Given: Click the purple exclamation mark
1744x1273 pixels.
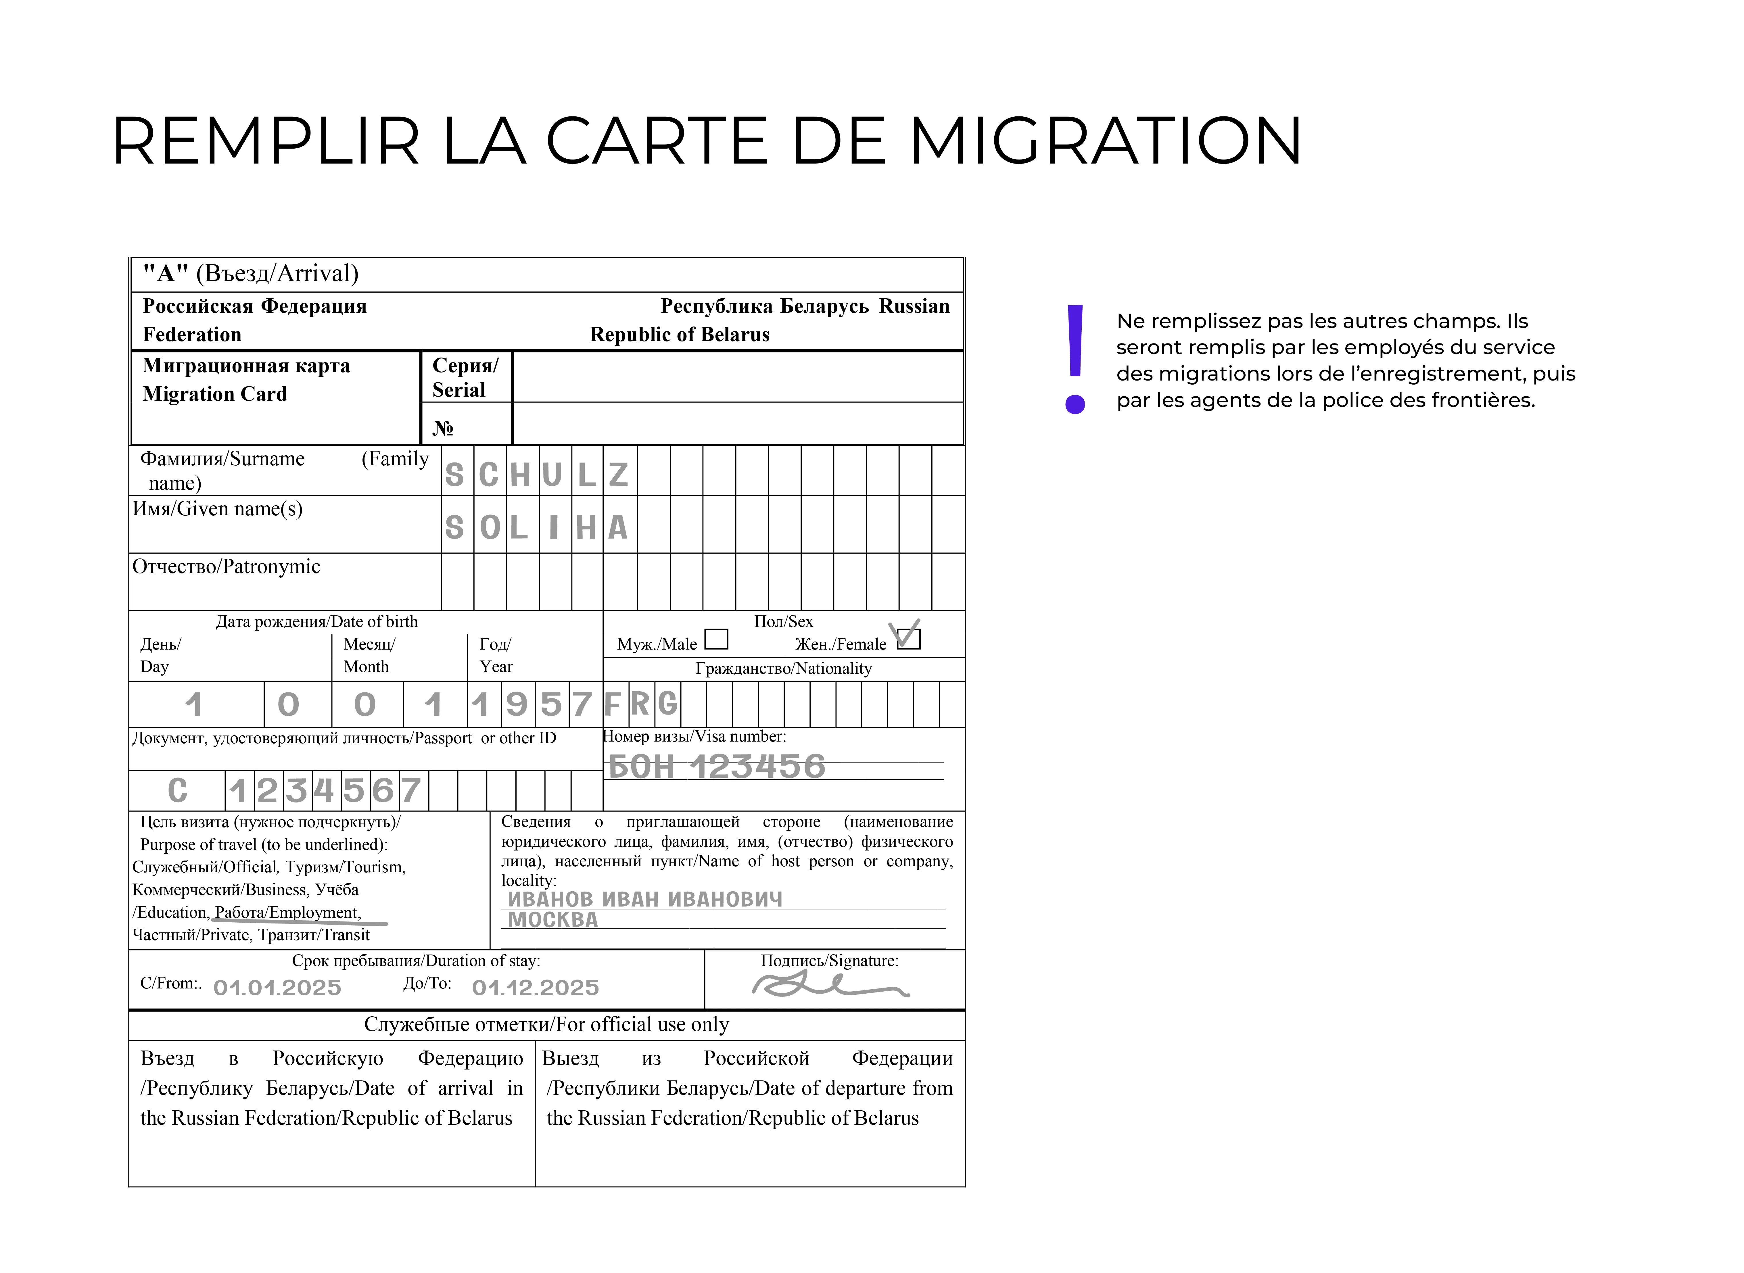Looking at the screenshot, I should pos(1075,358).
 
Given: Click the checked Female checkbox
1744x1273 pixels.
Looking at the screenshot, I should pos(909,638).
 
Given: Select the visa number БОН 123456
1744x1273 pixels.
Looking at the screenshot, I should pos(717,767).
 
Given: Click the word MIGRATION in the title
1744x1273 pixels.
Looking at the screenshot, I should pos(1106,141).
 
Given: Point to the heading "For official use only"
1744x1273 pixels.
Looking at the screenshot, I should pos(546,1024).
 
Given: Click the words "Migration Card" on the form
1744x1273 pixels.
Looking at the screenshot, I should pos(215,394).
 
